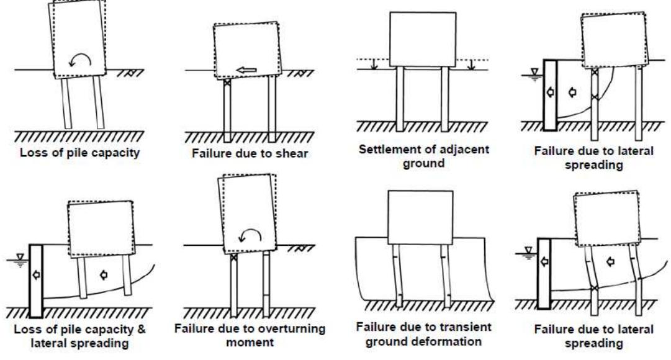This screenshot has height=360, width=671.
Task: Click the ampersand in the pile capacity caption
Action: [143, 330]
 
